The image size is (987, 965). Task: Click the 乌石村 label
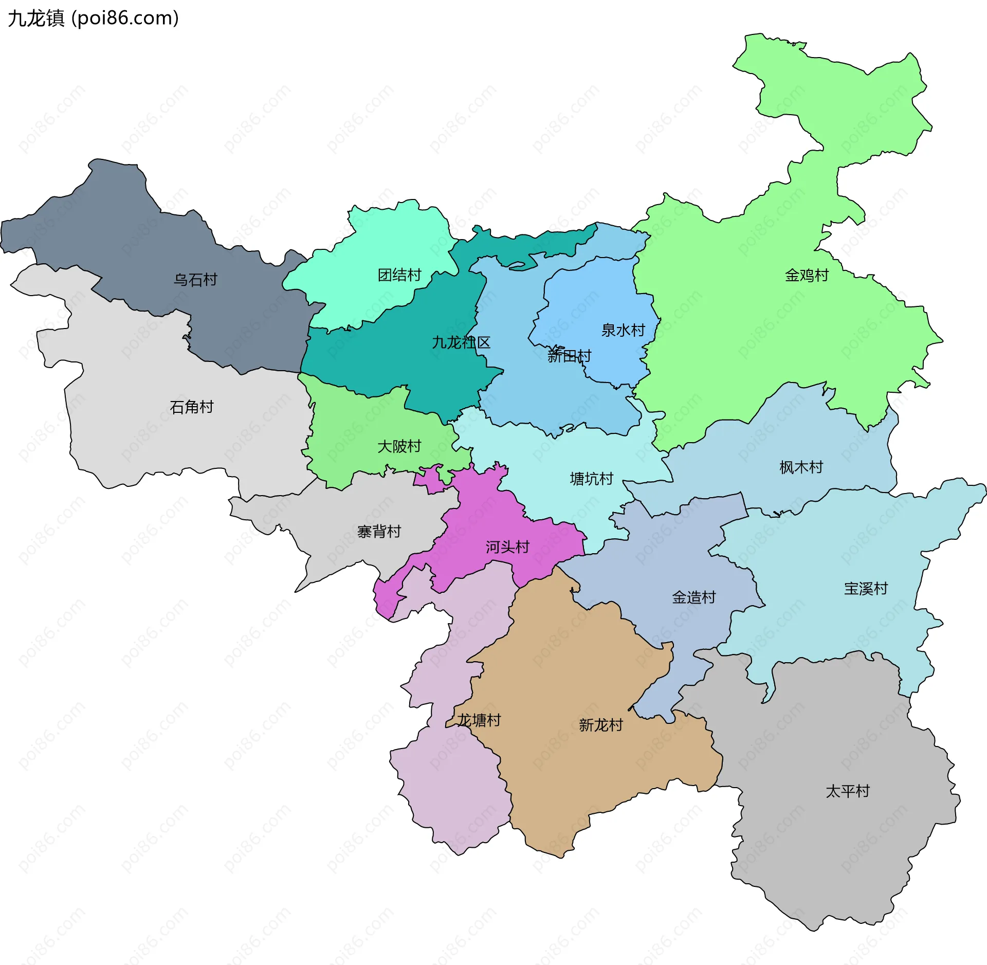(195, 280)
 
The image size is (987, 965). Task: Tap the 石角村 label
(192, 407)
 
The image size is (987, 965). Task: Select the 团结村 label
(399, 275)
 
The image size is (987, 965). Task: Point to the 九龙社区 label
(461, 342)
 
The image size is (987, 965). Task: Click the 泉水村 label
(623, 330)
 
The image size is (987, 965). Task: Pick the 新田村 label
(569, 356)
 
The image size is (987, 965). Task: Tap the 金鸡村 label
(807, 276)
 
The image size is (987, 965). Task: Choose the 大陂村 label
(399, 446)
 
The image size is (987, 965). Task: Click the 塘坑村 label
(592, 479)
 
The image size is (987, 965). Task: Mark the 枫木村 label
(801, 467)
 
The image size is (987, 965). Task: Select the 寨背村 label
(379, 532)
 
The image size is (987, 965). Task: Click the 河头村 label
(507, 547)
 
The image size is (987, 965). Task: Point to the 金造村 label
(694, 597)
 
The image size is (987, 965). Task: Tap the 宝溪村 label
(866, 589)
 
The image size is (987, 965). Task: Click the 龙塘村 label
(479, 720)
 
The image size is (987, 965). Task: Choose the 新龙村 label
(601, 725)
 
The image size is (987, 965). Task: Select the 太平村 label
(848, 791)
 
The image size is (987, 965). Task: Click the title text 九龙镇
(36, 19)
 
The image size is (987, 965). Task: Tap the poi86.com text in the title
(125, 19)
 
